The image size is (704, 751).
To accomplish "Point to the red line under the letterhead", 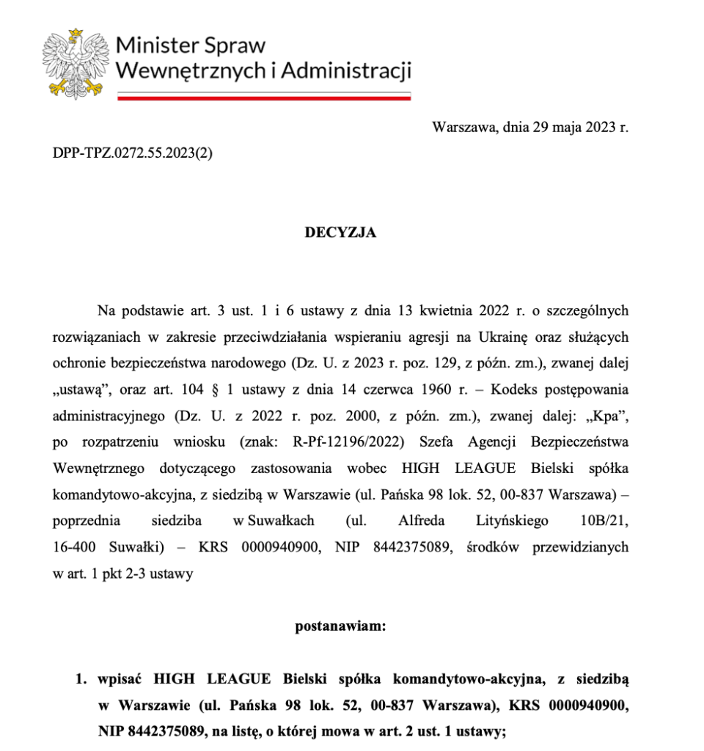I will tap(263, 97).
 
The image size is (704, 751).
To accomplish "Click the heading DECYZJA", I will tap(340, 232).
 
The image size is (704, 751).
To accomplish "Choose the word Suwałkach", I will tap(273, 521).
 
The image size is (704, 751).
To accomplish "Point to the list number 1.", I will tap(81, 680).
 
